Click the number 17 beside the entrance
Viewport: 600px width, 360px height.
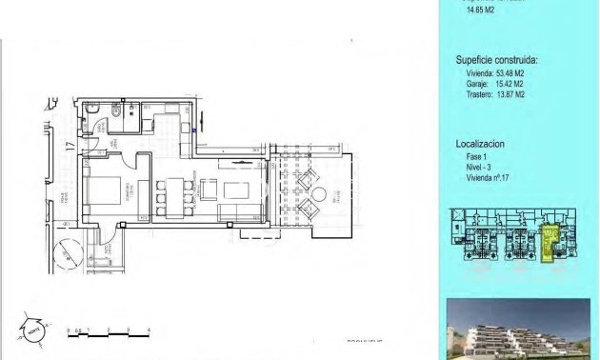click(x=70, y=146)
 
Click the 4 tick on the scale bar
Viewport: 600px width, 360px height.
click(x=150, y=330)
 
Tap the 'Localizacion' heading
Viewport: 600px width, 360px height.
click(x=480, y=143)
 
